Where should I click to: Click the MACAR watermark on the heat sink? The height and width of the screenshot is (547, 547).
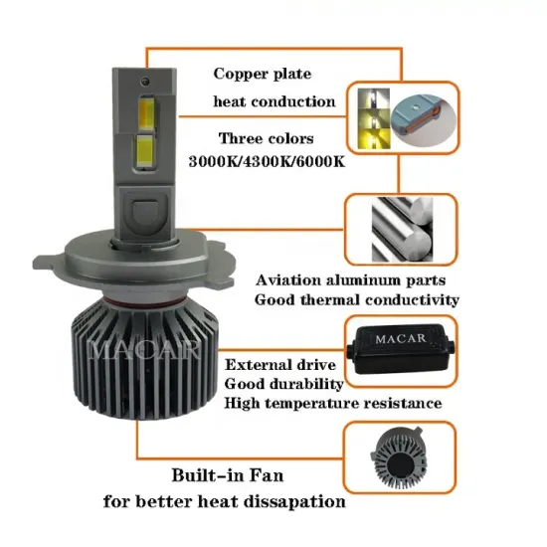146,350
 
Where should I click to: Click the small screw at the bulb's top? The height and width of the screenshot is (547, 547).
145,76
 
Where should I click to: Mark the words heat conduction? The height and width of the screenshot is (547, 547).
273,101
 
